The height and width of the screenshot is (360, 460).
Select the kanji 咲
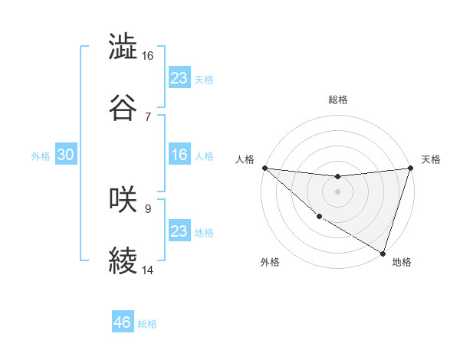(x=123, y=200)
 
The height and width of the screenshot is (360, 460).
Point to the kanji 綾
(x=123, y=261)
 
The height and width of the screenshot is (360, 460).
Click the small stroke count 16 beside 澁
(x=148, y=56)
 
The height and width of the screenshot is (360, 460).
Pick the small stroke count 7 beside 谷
(x=147, y=117)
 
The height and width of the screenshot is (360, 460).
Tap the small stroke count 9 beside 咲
(x=147, y=208)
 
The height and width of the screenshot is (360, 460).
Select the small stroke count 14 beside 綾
(x=148, y=270)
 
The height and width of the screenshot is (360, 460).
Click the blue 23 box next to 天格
(x=179, y=78)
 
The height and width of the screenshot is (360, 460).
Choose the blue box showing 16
(x=179, y=155)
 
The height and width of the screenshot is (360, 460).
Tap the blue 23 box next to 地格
(x=179, y=231)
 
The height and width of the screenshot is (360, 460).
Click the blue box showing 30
(x=65, y=155)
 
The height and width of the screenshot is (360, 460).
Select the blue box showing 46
(x=122, y=322)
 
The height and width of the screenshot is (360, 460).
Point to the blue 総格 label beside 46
(x=147, y=324)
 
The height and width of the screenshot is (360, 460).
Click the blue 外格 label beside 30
(x=41, y=156)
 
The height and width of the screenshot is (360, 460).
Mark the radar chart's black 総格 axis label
(x=337, y=100)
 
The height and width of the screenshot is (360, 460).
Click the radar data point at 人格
(x=264, y=168)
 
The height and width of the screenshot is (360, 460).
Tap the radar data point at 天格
(x=410, y=168)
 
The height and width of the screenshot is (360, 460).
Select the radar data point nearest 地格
(x=383, y=253)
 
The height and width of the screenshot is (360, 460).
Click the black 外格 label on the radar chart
(x=270, y=262)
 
